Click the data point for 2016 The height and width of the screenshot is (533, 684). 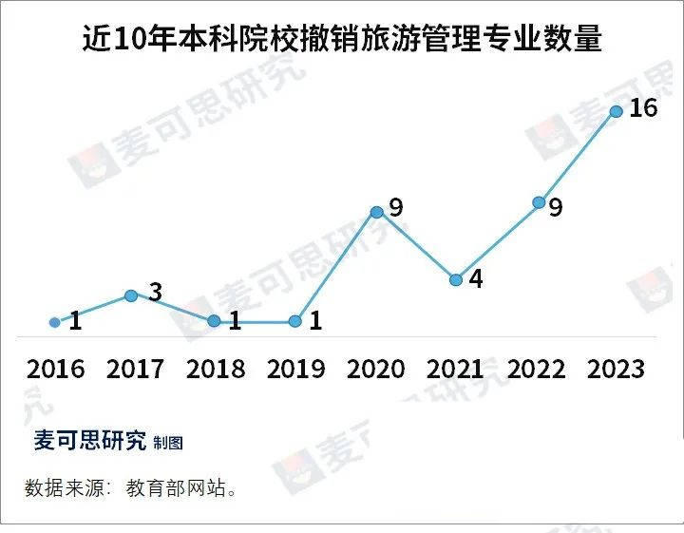(x=55, y=322)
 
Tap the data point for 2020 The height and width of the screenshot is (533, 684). (x=376, y=212)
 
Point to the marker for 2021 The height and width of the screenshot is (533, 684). (x=456, y=279)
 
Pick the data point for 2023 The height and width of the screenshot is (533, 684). (x=616, y=112)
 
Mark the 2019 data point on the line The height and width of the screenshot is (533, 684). (x=295, y=321)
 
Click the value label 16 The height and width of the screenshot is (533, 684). (x=643, y=108)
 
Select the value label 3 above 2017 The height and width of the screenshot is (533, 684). (x=156, y=292)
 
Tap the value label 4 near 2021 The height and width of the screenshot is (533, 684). (x=476, y=280)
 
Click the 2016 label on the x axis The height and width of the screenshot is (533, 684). (x=55, y=369)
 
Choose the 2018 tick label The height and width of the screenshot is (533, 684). (x=215, y=369)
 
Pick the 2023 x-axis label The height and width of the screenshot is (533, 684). (x=616, y=369)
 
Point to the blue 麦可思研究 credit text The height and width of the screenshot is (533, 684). (x=90, y=441)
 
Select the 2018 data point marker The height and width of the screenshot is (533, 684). (x=215, y=321)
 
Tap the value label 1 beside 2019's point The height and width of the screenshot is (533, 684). (x=315, y=321)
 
